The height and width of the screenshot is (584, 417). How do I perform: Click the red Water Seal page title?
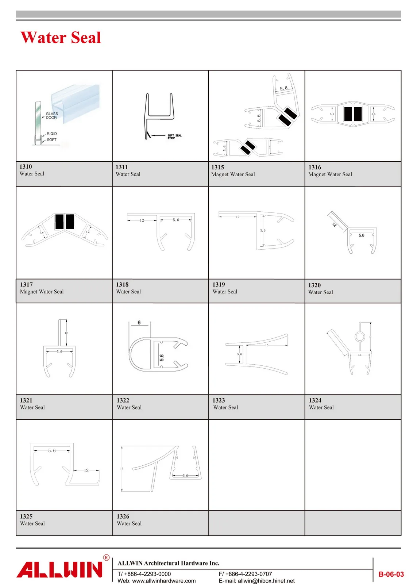pos(61,38)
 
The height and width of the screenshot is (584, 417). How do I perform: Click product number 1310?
pos(26,166)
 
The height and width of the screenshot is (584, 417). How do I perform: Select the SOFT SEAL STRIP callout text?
pos(174,137)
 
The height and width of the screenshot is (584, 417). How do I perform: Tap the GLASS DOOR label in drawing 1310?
pos(51,116)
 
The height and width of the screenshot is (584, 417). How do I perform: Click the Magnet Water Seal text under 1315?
pos(233,174)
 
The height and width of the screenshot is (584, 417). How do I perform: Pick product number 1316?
pos(314,167)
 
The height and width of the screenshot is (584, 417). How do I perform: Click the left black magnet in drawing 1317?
pos(59,222)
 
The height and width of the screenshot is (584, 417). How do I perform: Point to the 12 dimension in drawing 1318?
pos(142,220)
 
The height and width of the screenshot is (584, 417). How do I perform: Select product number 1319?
pos(219,284)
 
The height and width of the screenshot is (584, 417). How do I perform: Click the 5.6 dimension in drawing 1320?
pos(361,235)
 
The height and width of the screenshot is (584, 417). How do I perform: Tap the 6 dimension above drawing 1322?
pos(139,323)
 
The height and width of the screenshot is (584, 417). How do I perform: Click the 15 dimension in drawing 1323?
pos(267,345)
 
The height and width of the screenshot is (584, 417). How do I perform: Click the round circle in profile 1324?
pos(360,337)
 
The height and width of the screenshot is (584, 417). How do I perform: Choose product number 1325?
pos(26,516)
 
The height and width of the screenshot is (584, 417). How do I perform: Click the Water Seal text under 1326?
pos(129,523)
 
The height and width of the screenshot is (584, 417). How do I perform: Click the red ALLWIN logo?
pos(59,570)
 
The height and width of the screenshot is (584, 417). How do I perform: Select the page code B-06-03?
pos(391,574)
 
